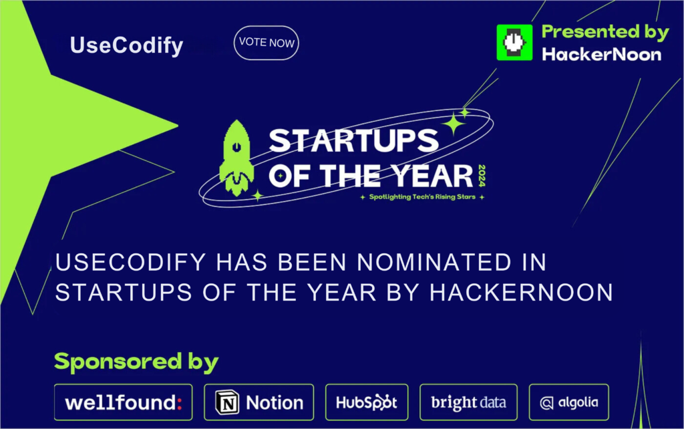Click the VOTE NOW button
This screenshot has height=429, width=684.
(x=266, y=43)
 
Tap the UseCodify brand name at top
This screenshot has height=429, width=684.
(x=126, y=46)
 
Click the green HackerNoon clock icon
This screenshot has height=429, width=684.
(x=514, y=42)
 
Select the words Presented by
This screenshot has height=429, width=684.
(x=605, y=32)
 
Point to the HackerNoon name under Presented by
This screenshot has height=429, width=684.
(x=602, y=55)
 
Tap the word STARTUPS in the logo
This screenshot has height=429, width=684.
(x=353, y=140)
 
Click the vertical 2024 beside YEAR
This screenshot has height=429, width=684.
(x=482, y=176)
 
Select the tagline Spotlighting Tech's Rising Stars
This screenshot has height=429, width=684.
(x=422, y=197)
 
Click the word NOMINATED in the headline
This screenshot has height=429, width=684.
(x=434, y=263)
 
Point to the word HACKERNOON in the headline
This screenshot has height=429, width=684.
(x=521, y=293)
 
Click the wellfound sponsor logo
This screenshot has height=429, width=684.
(x=123, y=402)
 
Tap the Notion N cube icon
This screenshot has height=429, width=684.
(x=227, y=402)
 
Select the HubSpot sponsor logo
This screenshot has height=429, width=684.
(x=367, y=402)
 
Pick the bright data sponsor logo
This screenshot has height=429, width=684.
(x=468, y=402)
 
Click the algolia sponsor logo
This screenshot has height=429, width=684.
(x=569, y=402)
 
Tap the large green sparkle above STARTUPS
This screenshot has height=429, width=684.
(x=454, y=124)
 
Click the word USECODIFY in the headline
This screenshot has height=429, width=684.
(x=130, y=263)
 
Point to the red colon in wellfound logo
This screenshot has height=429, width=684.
(x=179, y=403)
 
